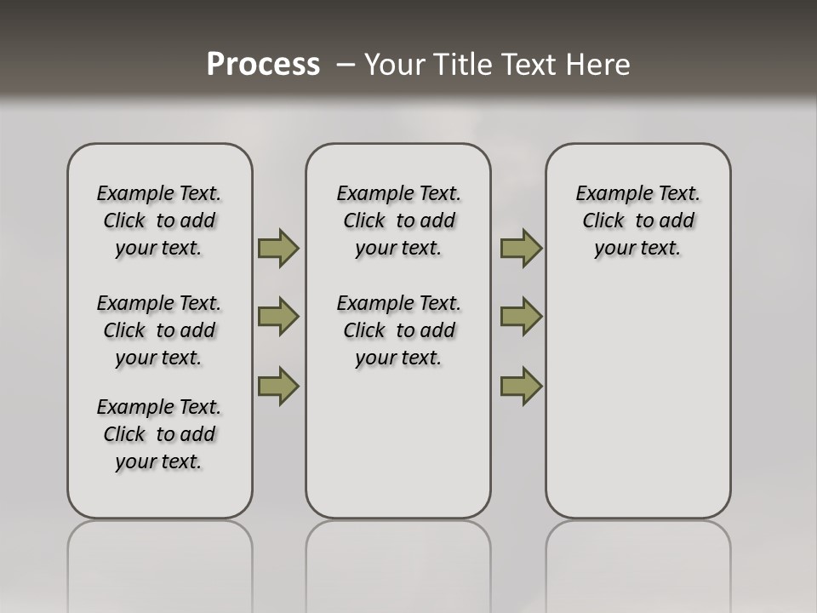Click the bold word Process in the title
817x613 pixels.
tap(263, 65)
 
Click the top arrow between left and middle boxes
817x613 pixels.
tap(278, 249)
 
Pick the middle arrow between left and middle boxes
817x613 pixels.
tap(278, 317)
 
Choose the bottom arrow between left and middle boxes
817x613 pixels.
tap(278, 386)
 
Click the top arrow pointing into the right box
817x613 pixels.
tap(521, 249)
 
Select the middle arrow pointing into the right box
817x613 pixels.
tap(521, 317)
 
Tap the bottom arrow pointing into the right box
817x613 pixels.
tap(521, 386)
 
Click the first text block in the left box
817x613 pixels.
tap(159, 221)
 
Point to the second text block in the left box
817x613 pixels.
tap(159, 330)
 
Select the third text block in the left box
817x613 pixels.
tap(159, 434)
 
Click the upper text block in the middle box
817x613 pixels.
tap(399, 221)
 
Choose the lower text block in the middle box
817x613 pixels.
tap(399, 330)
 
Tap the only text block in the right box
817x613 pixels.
tap(638, 221)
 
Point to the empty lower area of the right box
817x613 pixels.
tap(638, 400)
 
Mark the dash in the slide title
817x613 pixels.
tap(346, 65)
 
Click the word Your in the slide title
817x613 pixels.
tap(395, 65)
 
